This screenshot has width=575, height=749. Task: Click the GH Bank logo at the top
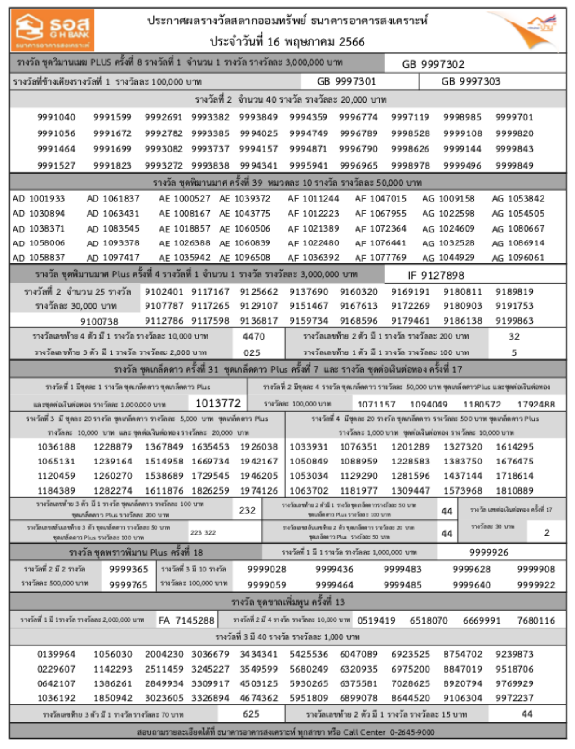pyautogui.click(x=52, y=30)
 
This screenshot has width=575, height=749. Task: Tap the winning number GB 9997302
pyautogui.click(x=433, y=64)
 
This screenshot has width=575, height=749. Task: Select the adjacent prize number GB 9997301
pyautogui.click(x=346, y=81)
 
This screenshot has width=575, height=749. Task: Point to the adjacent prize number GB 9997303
pyautogui.click(x=471, y=81)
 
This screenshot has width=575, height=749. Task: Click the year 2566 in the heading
pyautogui.click(x=352, y=42)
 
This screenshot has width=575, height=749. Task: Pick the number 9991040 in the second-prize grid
pyautogui.click(x=56, y=117)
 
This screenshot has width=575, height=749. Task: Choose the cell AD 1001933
pyautogui.click(x=39, y=199)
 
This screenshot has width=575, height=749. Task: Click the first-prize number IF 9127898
pyautogui.click(x=436, y=275)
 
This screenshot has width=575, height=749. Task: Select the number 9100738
pyautogui.click(x=99, y=321)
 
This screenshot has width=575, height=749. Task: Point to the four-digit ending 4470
pyautogui.click(x=253, y=336)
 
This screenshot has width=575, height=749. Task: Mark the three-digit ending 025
pyautogui.click(x=252, y=353)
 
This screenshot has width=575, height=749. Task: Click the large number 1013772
pyautogui.click(x=218, y=403)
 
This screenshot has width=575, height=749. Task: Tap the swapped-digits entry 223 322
pyautogui.click(x=203, y=533)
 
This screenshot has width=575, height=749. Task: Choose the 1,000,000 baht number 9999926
pyautogui.click(x=489, y=552)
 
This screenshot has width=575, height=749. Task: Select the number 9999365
pyautogui.click(x=128, y=569)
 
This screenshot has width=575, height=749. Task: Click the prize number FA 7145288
pyautogui.click(x=186, y=620)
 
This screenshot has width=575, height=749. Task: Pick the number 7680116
pyautogui.click(x=536, y=620)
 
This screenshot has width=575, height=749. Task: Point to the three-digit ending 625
pyautogui.click(x=251, y=714)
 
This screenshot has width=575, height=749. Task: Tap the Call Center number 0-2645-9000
pyautogui.click(x=412, y=732)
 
